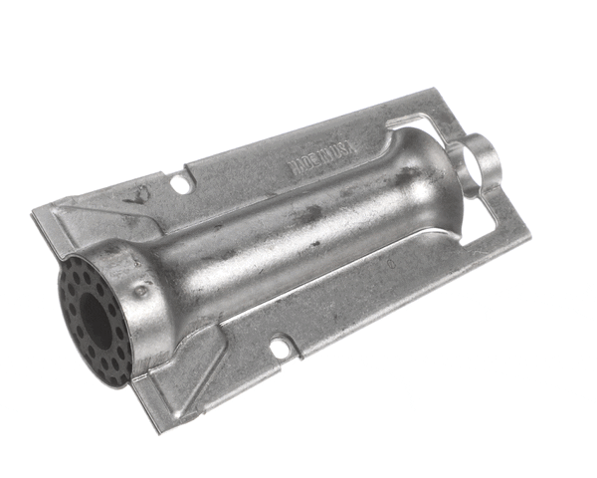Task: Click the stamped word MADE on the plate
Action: pyautogui.click(x=301, y=165)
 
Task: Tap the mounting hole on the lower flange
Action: pyautogui.click(x=281, y=351)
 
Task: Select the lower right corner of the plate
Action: pyautogui.click(x=528, y=235)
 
